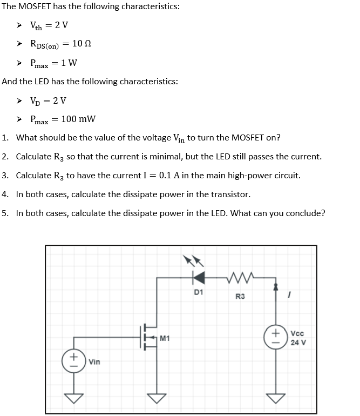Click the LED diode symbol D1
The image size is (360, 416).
pyautogui.click(x=199, y=277)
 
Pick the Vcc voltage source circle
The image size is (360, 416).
pyautogui.click(x=276, y=336)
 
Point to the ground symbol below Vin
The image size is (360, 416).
pyautogui.click(x=74, y=398)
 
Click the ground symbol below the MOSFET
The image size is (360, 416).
pyautogui.click(x=157, y=398)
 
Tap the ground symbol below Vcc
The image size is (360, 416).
pyautogui.click(x=276, y=398)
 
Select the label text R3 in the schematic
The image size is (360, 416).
pyautogui.click(x=240, y=296)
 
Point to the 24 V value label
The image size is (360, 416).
pyautogui.click(x=297, y=343)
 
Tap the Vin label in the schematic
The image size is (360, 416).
pyautogui.click(x=95, y=361)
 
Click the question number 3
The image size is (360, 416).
pyautogui.click(x=4, y=175)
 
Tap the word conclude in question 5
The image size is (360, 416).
pyautogui.click(x=305, y=212)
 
